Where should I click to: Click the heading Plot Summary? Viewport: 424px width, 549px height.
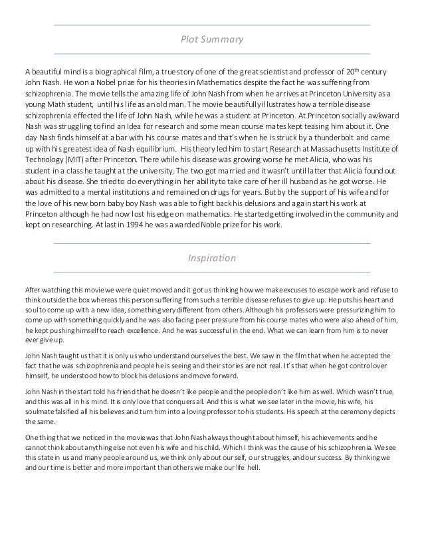212,40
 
